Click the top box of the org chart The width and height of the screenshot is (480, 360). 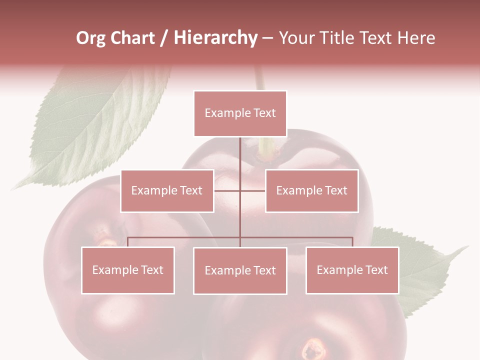point(240,113)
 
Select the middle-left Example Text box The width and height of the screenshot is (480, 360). point(167,190)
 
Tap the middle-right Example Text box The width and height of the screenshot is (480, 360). point(311,190)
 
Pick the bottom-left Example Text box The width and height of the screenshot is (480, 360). point(128,270)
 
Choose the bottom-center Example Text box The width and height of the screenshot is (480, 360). point(240,270)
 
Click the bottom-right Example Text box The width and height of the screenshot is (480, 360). point(352,270)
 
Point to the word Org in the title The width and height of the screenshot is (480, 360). point(90,38)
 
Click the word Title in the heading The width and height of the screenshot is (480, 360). point(336,38)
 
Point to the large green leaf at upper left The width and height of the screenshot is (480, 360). point(95,125)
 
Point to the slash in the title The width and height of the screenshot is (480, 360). point(164,38)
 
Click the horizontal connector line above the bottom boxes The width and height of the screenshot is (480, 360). point(185,237)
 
